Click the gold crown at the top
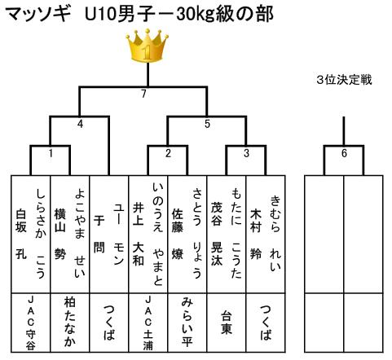pyautogui.click(x=148, y=46)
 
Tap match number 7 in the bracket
pyautogui.click(x=143, y=94)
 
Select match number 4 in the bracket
pyautogui.click(x=80, y=124)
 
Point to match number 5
pyautogui.click(x=207, y=124)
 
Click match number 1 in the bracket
pyautogui.click(x=51, y=153)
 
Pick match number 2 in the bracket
pyautogui.click(x=168, y=153)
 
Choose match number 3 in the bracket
pyautogui.click(x=246, y=153)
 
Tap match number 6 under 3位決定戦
pyautogui.click(x=344, y=153)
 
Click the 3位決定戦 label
pyautogui.click(x=344, y=80)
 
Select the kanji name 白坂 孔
pyautogui.click(x=21, y=234)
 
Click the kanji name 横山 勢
pyautogui.click(x=60, y=234)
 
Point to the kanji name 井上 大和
pyautogui.click(x=139, y=234)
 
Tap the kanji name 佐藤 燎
pyautogui.click(x=178, y=234)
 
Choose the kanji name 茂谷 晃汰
pyautogui.click(x=217, y=234)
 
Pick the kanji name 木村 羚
pyautogui.click(x=256, y=234)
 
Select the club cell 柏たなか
pyautogui.click(x=70, y=322)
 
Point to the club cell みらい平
pyautogui.click(x=187, y=322)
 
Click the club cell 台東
pyautogui.click(x=227, y=323)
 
